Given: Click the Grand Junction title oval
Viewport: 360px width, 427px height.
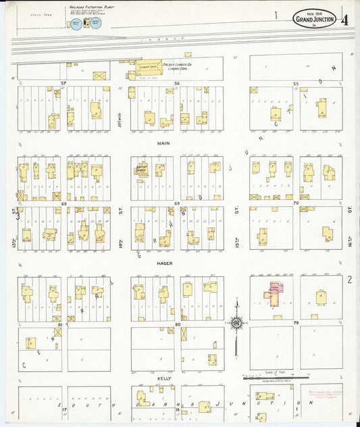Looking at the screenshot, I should (313, 19).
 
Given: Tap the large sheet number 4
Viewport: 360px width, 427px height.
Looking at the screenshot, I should (345, 18).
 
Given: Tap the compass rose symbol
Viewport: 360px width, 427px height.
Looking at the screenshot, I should (236, 322).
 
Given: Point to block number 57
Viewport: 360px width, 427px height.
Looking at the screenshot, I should (64, 82).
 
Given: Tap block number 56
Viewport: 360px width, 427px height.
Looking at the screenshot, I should (177, 82).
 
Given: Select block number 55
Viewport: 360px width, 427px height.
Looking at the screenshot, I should (295, 82).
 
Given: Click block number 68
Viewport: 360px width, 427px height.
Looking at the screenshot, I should (64, 203).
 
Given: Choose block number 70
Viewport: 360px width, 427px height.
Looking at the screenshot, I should (295, 203).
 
